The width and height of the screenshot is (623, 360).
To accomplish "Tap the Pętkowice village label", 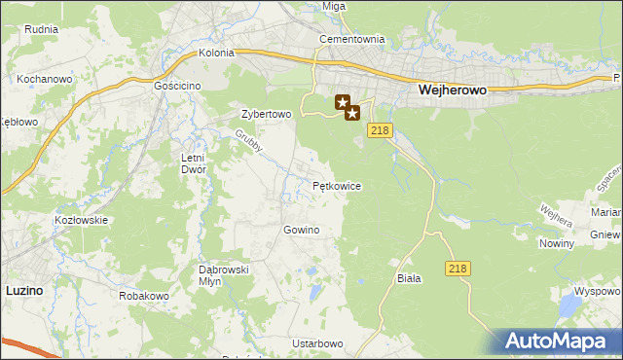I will pos(338,185).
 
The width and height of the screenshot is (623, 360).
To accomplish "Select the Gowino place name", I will pos(301,230).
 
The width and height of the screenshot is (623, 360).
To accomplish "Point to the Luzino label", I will pos(23,290).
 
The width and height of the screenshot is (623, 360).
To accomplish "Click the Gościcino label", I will pos(177,86).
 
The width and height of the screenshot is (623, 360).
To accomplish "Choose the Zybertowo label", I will pos(266,114).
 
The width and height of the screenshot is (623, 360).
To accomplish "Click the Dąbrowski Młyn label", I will pos(225,274).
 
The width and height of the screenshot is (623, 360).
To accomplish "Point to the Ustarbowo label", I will pos(318,344).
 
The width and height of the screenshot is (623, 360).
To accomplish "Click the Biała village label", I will pos(409,278).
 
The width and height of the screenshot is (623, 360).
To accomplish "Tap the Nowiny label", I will pos(556,243).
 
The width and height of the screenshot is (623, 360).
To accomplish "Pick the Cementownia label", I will pos(352,40).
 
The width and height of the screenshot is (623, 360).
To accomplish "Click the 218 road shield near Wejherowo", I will pos(381,131).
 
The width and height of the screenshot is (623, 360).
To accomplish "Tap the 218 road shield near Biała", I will pos(459,268).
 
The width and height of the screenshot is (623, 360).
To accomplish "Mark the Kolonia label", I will pos(216,54).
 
